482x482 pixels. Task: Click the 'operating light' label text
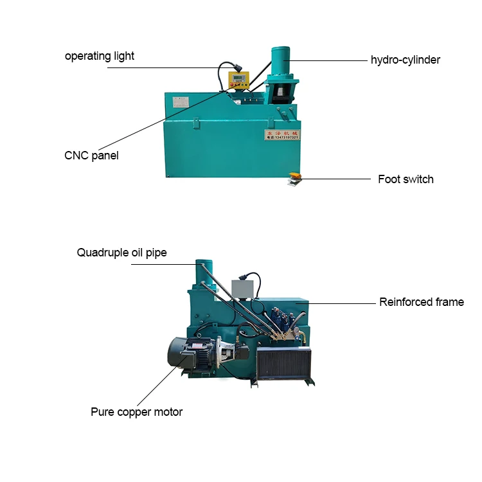click(x=100, y=56)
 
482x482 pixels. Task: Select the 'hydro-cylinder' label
click(x=406, y=60)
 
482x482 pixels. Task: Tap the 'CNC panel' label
click(x=91, y=156)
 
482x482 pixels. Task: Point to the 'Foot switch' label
click(x=406, y=179)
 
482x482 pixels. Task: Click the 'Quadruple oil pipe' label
click(x=121, y=253)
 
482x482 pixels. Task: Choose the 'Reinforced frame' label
click(x=421, y=302)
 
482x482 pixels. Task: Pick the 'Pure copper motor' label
click(x=136, y=412)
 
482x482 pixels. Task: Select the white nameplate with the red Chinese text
click(x=281, y=134)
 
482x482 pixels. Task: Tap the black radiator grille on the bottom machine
click(x=284, y=365)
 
